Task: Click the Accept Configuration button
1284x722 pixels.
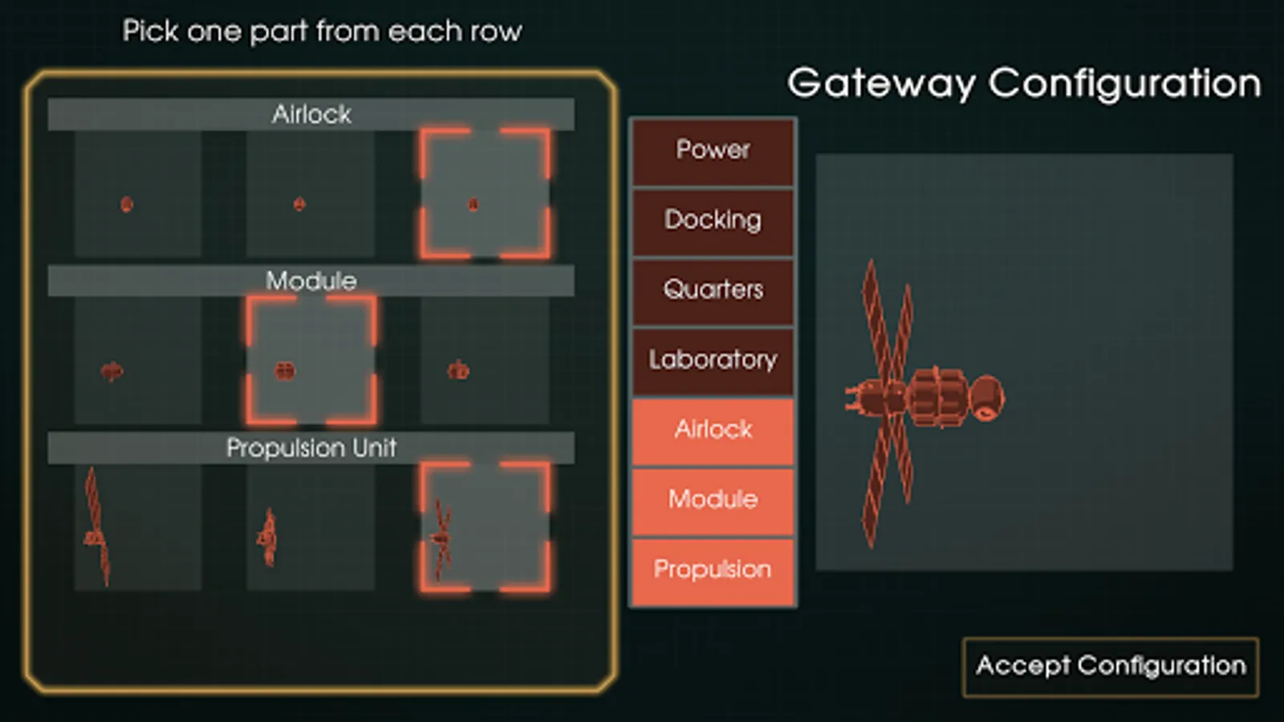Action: click(1111, 666)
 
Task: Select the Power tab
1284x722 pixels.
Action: click(713, 150)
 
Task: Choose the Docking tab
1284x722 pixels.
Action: click(713, 220)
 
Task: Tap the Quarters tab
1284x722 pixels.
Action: click(713, 290)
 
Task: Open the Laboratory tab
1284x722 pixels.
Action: click(713, 359)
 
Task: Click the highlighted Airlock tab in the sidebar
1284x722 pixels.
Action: click(713, 430)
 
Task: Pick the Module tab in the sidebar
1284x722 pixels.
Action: click(713, 500)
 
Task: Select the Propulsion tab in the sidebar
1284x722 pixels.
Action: click(713, 570)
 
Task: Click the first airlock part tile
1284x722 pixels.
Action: click(137, 194)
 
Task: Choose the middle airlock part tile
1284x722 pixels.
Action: click(311, 194)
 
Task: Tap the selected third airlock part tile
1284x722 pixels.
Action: click(485, 194)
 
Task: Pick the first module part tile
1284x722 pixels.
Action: click(137, 360)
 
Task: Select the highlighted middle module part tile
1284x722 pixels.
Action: click(311, 360)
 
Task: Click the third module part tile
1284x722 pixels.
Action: click(485, 360)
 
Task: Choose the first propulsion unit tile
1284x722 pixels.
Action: click(137, 527)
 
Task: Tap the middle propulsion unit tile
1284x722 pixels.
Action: click(311, 527)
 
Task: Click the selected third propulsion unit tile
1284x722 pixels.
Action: click(485, 527)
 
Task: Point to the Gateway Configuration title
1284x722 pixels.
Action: click(1023, 83)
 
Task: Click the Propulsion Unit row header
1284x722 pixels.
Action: click(311, 448)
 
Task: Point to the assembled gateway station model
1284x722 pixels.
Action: click(923, 397)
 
